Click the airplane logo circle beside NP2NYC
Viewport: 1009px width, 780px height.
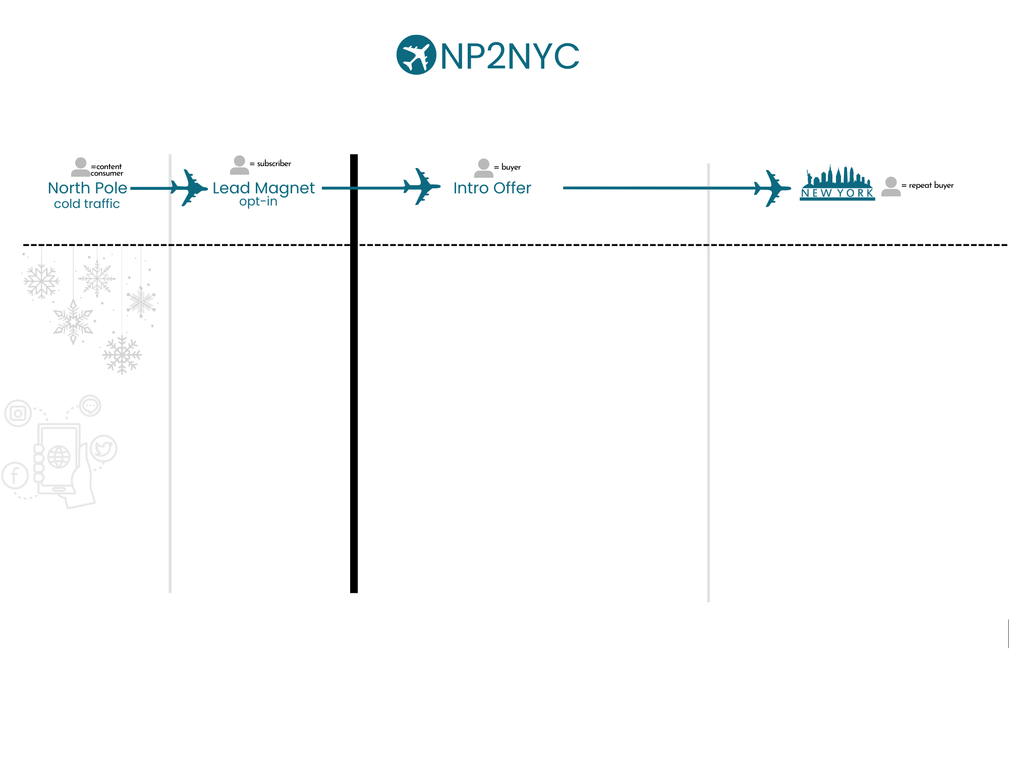[x=416, y=55]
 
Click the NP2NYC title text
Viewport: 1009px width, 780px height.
[x=510, y=56]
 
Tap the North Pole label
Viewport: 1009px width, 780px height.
[x=87, y=188]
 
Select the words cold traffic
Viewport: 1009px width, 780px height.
[x=87, y=204]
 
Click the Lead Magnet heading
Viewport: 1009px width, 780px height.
[x=263, y=188]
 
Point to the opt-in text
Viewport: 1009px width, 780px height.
[x=258, y=201]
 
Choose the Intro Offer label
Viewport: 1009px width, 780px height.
[x=492, y=188]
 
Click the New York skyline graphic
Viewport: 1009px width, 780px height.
[x=837, y=183]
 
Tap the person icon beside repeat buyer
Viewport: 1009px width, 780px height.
[x=891, y=186]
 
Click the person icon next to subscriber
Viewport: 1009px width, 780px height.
[x=240, y=165]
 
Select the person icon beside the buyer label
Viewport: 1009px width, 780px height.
[x=483, y=168]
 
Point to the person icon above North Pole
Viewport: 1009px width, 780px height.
[x=81, y=167]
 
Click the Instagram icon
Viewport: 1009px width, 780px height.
[x=18, y=413]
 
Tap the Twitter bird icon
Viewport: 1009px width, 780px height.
[x=104, y=448]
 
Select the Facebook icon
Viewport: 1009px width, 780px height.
[x=15, y=476]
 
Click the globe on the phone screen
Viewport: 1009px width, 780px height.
[x=59, y=457]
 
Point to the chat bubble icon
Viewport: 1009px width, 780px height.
[x=90, y=405]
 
